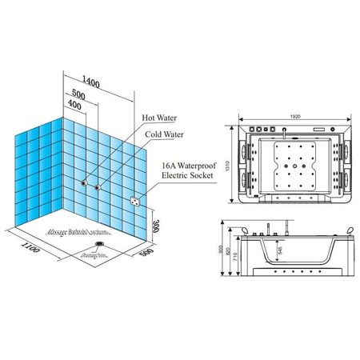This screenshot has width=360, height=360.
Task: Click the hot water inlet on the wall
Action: pos(84,183)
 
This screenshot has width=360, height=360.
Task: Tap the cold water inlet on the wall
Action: pos(97,187)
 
